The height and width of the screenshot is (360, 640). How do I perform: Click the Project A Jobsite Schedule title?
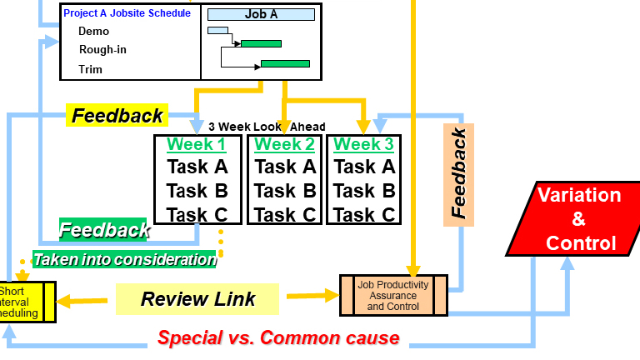127,13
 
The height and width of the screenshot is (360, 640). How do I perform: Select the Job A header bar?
261,14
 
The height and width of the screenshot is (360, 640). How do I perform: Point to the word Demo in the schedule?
93,32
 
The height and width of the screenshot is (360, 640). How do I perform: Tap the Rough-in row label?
102,50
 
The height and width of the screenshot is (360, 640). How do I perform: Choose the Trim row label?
91,69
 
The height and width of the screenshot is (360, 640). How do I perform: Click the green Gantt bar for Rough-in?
262,43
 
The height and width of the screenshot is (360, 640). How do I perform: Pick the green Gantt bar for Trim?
285,63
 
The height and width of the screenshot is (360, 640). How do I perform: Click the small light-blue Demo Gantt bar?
217,31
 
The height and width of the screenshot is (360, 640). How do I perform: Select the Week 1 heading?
196,144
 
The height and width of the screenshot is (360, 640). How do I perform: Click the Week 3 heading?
363,144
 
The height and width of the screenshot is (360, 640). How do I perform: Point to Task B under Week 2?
285,191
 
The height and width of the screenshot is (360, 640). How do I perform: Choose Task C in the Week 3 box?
364,215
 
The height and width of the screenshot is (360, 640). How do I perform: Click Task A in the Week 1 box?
197,167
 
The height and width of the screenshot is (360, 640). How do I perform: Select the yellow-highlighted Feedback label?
117,116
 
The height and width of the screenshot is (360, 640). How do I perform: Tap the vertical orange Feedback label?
458,174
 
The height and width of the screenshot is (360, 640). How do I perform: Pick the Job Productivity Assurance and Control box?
393,295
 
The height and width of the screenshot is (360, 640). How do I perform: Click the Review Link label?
197,299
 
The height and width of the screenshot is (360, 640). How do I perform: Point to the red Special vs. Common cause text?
278,338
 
